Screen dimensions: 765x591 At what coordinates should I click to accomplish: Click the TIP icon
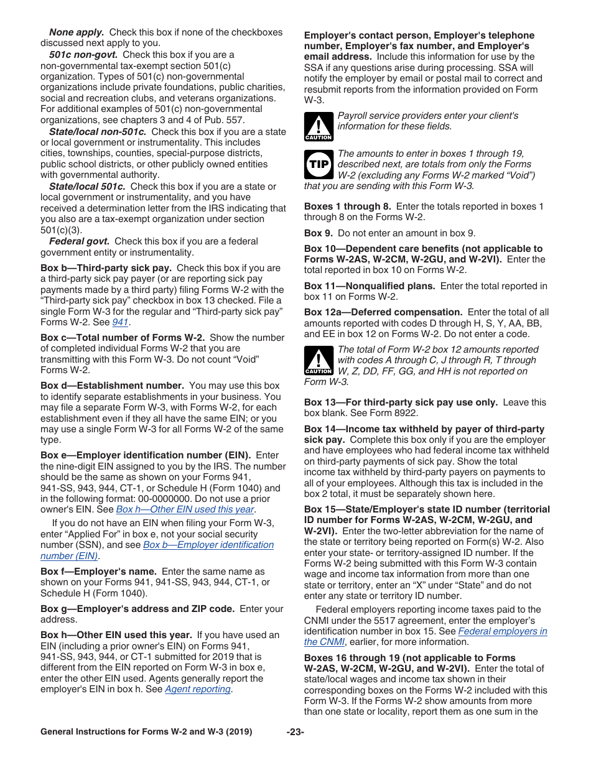tap(319, 164)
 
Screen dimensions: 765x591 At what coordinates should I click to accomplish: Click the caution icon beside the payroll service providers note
tap(319, 126)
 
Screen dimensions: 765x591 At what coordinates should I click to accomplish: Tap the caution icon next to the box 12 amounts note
tap(319, 361)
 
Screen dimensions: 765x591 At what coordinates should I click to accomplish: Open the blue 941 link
tap(121, 322)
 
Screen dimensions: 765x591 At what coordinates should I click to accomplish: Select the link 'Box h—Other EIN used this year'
tap(185, 509)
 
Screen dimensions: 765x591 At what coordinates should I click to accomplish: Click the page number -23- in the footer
tap(295, 732)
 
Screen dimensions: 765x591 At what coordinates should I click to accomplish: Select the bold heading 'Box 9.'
tap(319, 233)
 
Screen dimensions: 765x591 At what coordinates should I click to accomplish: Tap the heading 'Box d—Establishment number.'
tap(112, 386)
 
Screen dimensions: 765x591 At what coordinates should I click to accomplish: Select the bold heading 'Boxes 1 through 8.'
tap(347, 206)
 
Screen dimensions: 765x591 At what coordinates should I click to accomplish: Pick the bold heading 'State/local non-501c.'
tap(98, 132)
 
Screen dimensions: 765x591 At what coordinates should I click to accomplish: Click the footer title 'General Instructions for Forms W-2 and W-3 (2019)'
tap(146, 732)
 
